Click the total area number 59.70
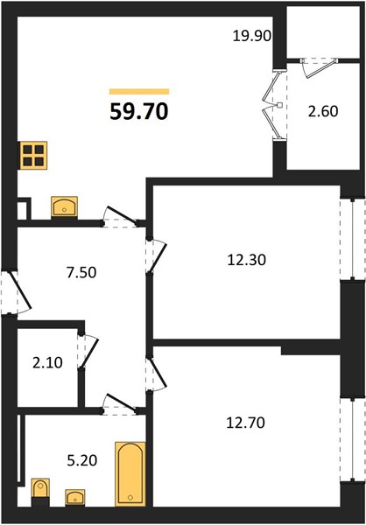coord(139,111)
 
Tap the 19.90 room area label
coord(252,36)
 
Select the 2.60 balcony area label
coord(323,111)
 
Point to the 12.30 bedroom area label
coord(247,260)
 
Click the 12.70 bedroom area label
coord(246,423)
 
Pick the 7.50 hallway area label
coord(81,272)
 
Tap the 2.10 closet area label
coord(47,362)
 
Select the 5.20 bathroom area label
coord(82,461)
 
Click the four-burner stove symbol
coord(33,156)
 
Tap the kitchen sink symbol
coord(64,207)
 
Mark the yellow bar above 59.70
coord(139,91)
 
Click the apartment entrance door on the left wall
coord(16,293)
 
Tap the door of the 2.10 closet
coord(88,351)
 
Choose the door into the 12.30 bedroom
coord(156,255)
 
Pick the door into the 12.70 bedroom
coord(156,374)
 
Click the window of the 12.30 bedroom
coord(352,239)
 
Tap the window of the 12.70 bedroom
coord(352,439)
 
